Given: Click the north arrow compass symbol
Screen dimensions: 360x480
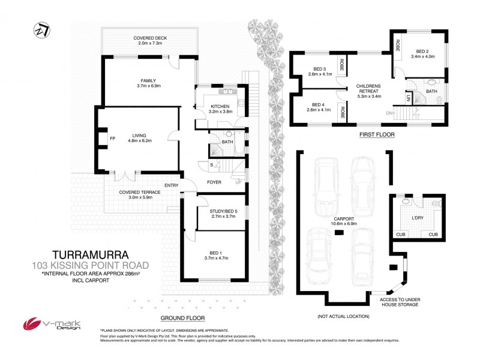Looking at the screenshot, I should (40, 29).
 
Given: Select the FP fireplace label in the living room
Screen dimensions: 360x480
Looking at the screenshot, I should (112, 139).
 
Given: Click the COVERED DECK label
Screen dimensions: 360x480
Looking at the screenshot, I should (150, 38).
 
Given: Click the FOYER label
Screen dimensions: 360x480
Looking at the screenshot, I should (215, 181).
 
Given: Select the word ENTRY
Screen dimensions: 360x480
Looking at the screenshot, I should (171, 185).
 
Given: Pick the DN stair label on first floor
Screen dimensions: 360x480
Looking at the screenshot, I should (388, 113).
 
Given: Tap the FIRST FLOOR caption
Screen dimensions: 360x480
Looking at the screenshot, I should (377, 135).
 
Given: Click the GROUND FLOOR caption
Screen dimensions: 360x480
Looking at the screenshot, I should (183, 317).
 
